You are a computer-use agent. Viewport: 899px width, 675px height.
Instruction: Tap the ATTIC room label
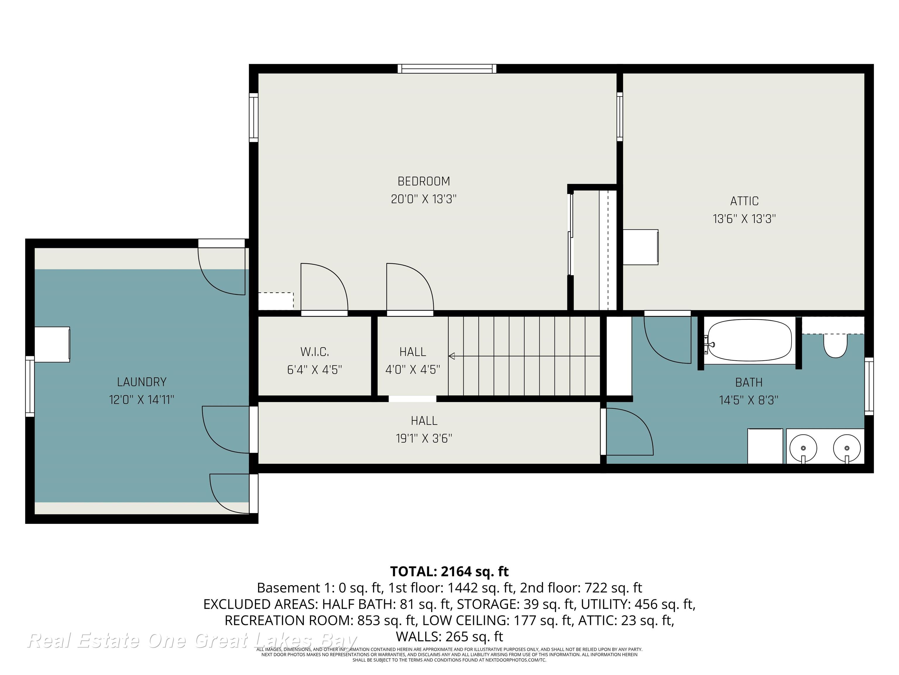tap(744, 201)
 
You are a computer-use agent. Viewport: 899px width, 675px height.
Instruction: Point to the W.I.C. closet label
tap(315, 352)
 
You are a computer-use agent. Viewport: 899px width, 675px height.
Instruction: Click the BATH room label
tap(749, 382)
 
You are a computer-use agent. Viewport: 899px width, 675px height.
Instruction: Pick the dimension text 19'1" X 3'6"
tap(424, 439)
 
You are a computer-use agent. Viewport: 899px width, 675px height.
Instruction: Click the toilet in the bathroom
tap(835, 346)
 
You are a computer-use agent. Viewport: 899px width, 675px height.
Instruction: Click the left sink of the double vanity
tap(803, 448)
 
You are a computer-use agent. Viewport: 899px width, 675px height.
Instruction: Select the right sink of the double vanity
tap(847, 448)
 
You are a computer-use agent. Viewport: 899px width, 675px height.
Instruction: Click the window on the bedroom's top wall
tap(447, 69)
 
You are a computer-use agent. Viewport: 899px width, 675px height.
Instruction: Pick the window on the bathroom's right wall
tap(869, 386)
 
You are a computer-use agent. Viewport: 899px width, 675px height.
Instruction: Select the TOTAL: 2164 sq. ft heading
tap(449, 572)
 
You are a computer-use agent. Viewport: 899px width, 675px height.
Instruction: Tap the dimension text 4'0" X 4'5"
tap(413, 370)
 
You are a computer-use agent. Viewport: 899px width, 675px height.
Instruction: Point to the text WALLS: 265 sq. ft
tap(449, 636)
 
